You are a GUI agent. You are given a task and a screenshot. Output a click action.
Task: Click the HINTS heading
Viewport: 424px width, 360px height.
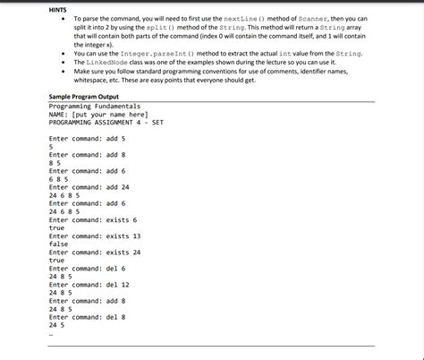[x=60, y=8]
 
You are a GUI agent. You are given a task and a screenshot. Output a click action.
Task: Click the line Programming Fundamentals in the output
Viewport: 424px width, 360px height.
[x=89, y=106]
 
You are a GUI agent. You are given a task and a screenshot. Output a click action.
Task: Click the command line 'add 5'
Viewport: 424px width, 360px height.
[x=88, y=139]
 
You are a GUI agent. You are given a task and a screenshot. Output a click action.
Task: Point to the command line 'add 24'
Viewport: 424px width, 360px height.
[x=89, y=186]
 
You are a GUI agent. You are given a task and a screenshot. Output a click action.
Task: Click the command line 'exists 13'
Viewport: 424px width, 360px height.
[x=96, y=236]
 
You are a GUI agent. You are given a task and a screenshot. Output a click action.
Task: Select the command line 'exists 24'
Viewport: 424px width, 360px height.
[x=96, y=252]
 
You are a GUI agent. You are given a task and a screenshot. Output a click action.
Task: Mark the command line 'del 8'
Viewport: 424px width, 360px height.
[x=88, y=316]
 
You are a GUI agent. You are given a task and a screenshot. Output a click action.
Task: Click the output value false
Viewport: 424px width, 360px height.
[x=59, y=244]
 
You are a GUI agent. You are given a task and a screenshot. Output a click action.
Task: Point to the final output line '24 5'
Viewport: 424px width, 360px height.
[x=56, y=324]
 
